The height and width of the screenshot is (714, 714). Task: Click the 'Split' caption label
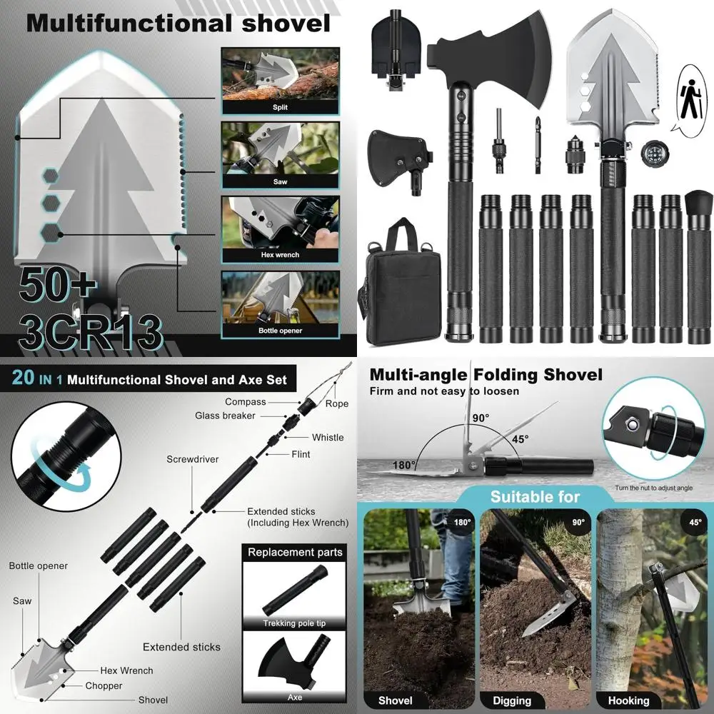(280, 107)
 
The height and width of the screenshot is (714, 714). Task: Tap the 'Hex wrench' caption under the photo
(280, 255)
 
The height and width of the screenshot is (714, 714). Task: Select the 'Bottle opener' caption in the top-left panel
(280, 331)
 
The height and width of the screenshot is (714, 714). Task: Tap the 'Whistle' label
(327, 438)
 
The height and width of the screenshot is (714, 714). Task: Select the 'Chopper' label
(104, 685)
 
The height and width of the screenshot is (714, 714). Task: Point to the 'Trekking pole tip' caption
(290, 623)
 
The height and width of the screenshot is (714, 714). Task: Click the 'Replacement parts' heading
(295, 552)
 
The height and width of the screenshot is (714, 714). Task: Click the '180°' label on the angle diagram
(404, 465)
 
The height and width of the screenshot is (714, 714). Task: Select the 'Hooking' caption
(628, 700)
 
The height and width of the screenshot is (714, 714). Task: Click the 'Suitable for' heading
(535, 496)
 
